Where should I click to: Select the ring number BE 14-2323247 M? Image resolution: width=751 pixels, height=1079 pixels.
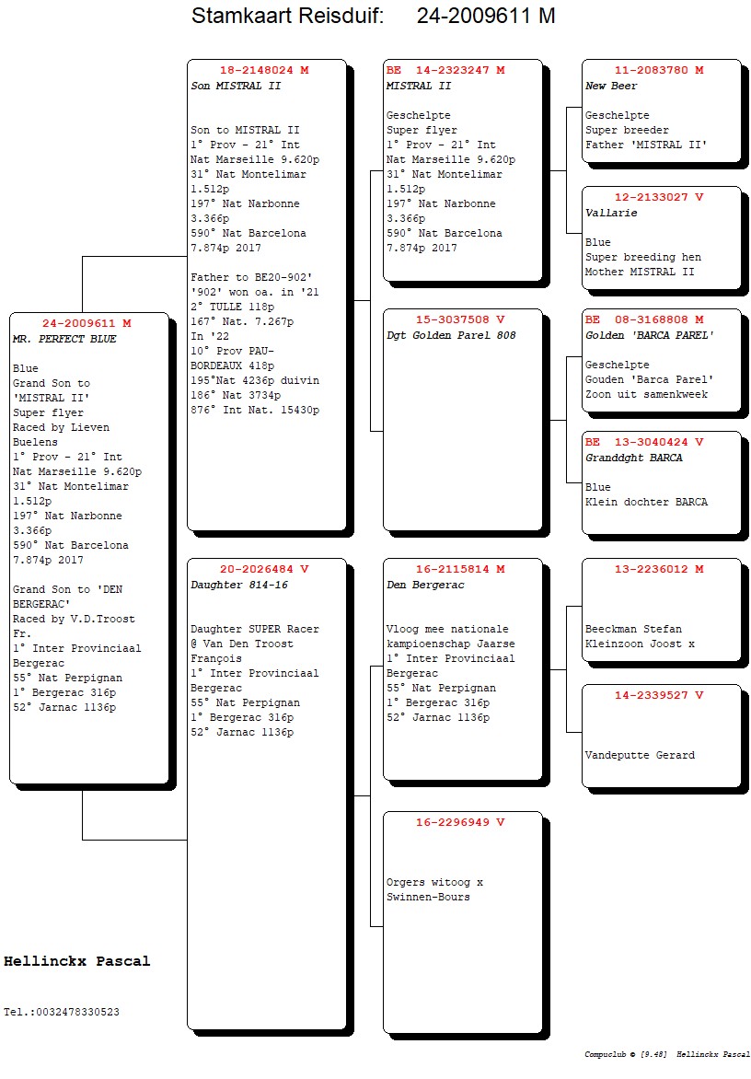(x=445, y=70)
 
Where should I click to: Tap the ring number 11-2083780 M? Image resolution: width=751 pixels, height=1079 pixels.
(x=659, y=70)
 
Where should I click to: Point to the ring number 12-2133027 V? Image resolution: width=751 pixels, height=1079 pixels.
(x=659, y=197)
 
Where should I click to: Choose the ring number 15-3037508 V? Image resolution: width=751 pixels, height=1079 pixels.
(x=460, y=319)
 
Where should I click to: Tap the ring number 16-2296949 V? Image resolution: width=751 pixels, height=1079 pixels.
(x=460, y=822)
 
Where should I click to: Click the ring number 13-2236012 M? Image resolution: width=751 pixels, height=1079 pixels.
(x=659, y=569)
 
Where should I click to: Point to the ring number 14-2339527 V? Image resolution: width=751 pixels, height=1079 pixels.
(x=659, y=695)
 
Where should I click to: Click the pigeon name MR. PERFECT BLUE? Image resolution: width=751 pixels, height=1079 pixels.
(x=65, y=339)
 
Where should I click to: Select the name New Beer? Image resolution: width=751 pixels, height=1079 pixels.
(x=611, y=86)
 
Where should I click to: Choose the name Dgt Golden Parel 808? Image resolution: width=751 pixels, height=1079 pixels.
(x=451, y=335)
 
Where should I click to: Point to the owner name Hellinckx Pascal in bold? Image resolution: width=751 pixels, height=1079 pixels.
(x=76, y=961)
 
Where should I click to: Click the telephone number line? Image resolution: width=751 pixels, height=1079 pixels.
(x=62, y=1012)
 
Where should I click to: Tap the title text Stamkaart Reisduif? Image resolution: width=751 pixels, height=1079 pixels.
(x=287, y=16)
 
